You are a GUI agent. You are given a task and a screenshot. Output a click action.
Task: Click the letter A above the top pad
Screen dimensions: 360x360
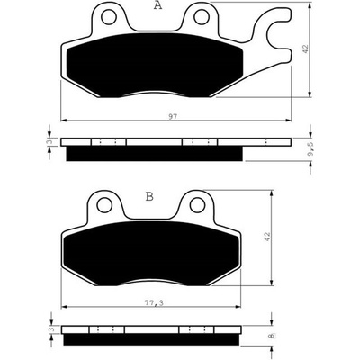click(157, 5)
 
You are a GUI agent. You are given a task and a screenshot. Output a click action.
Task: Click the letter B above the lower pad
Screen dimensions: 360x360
click(149, 197)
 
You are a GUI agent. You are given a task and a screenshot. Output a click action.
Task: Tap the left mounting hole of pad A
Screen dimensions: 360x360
click(109, 17)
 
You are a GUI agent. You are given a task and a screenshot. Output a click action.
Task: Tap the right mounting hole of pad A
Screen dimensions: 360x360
click(202, 17)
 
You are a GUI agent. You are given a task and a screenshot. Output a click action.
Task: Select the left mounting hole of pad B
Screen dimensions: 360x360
click(104, 205)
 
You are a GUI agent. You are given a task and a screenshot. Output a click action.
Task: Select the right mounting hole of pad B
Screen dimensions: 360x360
click(197, 205)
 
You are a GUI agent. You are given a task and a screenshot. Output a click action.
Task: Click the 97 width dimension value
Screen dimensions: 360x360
click(172, 117)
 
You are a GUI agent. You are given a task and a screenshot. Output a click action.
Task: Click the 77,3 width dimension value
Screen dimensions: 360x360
click(153, 303)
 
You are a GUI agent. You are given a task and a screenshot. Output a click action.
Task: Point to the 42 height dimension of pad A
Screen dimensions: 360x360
click(305, 49)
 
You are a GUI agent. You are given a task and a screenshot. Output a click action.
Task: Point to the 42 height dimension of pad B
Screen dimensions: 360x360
click(267, 238)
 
